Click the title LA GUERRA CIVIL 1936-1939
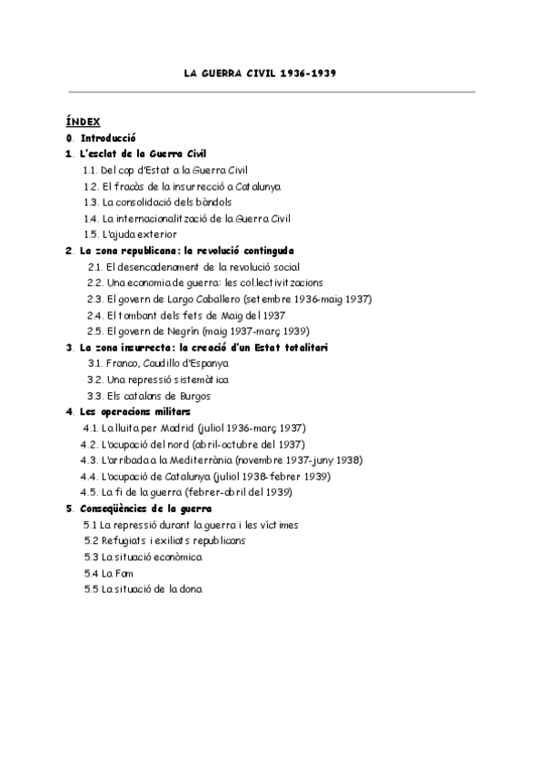272,73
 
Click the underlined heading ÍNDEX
84,122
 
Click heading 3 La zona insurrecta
203,347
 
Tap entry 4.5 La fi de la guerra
185,491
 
